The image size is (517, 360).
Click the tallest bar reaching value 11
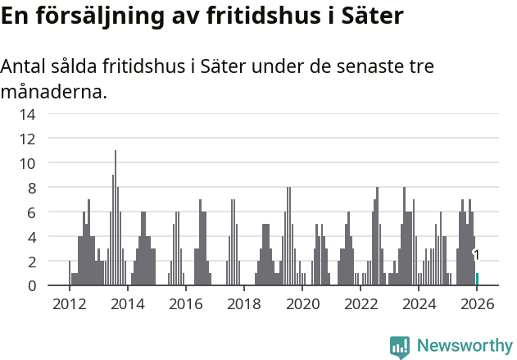pos(116,218)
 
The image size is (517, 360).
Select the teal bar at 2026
pos(477,280)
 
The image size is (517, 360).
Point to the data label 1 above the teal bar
pos(476,256)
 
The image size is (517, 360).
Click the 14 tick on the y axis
pos(27,114)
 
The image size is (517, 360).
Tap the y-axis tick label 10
pos(27,163)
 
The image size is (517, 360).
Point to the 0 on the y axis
pos(31,285)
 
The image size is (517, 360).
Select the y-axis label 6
pos(31,212)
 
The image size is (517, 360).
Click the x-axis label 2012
pos(69,304)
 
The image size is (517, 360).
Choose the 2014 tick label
pos(127,304)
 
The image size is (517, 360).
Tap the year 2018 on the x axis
pos(244,304)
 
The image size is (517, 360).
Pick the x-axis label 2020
pos(302,304)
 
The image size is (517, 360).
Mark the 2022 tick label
pos(361,304)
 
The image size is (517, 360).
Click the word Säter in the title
pos(374,16)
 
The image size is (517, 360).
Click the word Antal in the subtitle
pos(24,66)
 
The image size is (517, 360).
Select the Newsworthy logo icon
pos(400,346)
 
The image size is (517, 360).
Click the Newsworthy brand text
pos(465,346)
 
